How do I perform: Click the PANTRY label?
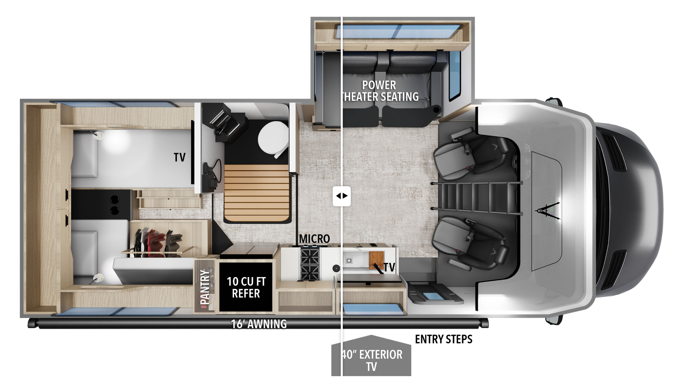pyautogui.click(x=204, y=287)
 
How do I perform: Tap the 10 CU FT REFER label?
pyautogui.click(x=246, y=288)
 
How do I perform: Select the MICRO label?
pyautogui.click(x=314, y=239)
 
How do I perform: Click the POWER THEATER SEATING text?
pyautogui.click(x=380, y=91)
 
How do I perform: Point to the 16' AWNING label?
pyautogui.click(x=259, y=324)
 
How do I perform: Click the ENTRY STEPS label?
pyautogui.click(x=444, y=339)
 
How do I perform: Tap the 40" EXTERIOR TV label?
pyautogui.click(x=372, y=360)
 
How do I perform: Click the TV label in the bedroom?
pyautogui.click(x=179, y=157)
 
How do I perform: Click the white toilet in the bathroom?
pyautogui.click(x=273, y=138)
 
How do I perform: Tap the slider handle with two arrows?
pyautogui.click(x=342, y=196)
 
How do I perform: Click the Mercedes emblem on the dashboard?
pyautogui.click(x=527, y=161)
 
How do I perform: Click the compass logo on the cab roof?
pyautogui.click(x=547, y=211)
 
